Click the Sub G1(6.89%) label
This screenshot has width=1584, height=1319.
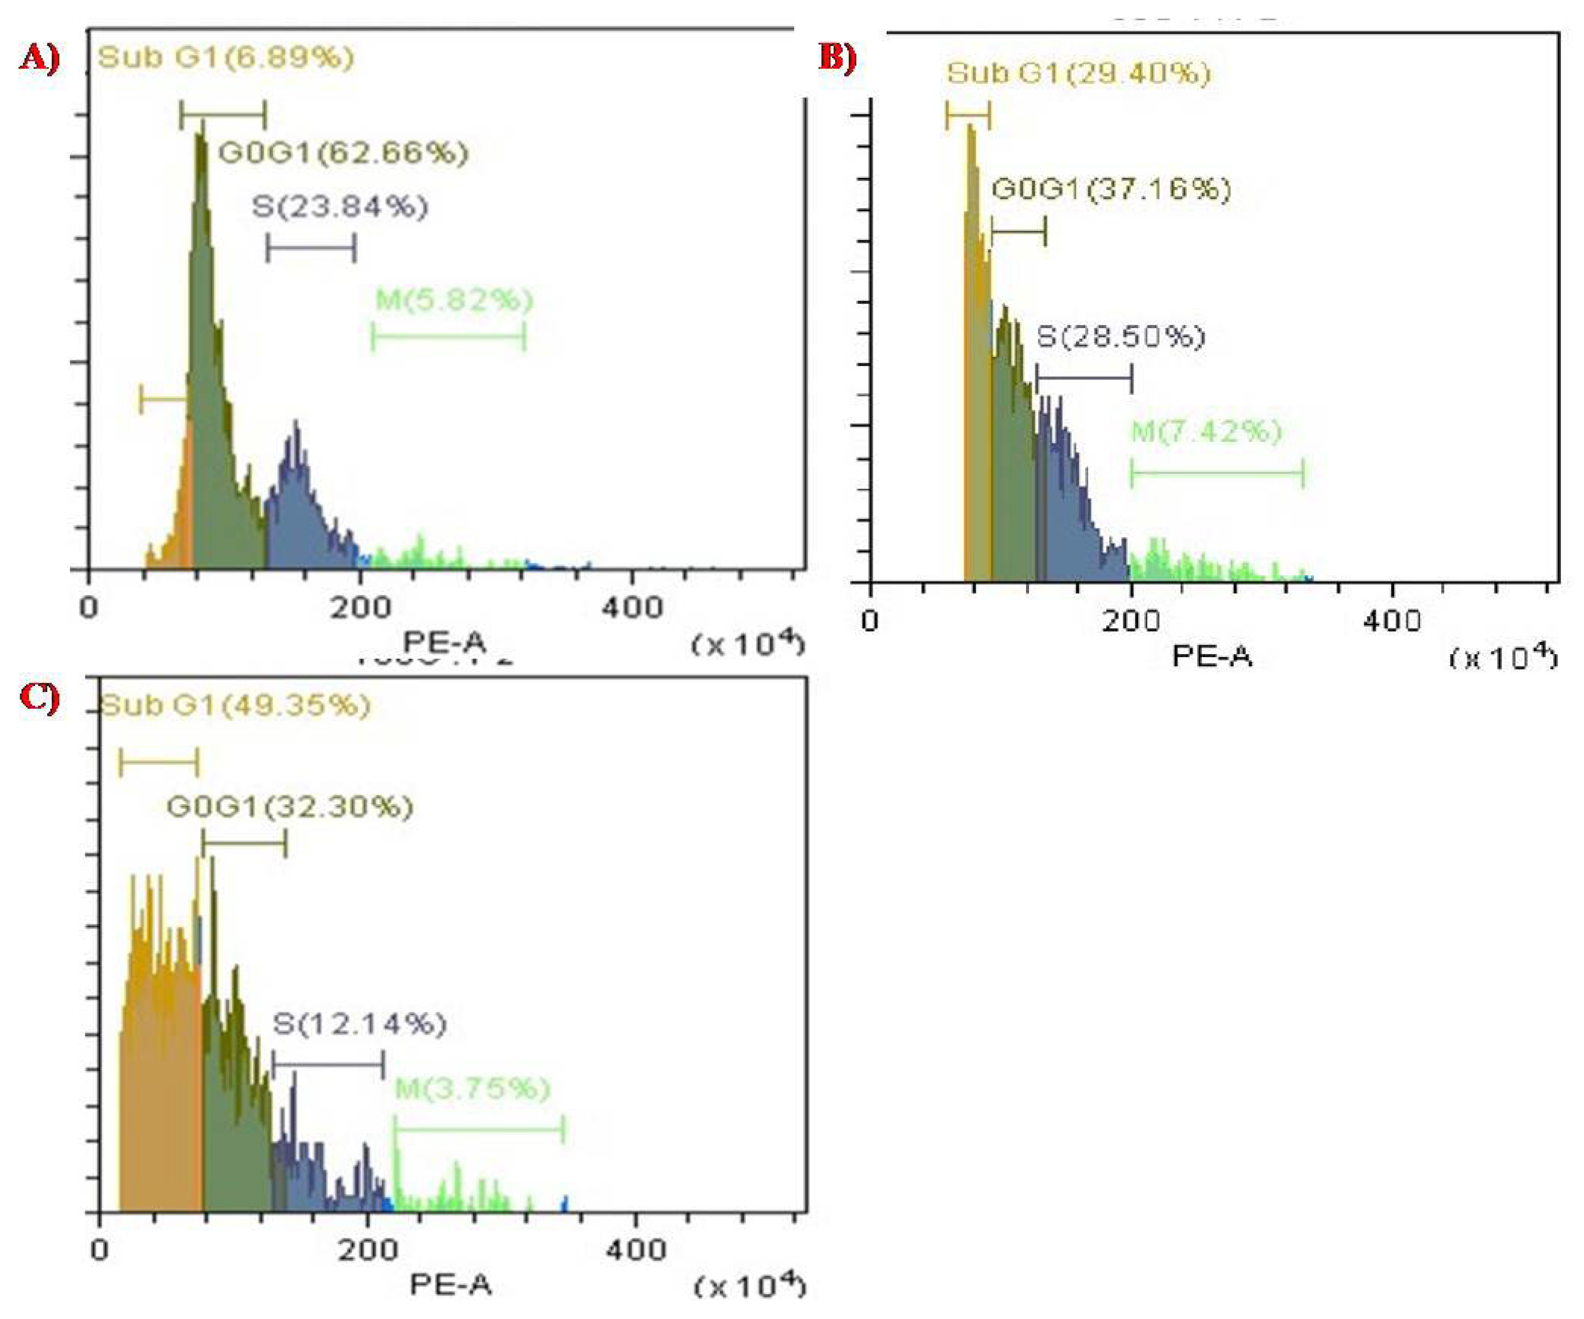[226, 57]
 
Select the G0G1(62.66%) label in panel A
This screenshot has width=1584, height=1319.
[343, 153]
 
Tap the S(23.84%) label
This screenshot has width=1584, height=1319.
[340, 207]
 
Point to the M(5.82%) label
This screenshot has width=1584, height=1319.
[454, 301]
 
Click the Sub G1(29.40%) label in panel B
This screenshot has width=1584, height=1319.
[1078, 73]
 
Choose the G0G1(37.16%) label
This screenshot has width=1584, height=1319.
[1111, 189]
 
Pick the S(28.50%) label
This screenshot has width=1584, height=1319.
[1121, 336]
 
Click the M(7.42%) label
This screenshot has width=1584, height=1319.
[1206, 432]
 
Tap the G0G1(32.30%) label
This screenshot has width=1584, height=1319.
[290, 808]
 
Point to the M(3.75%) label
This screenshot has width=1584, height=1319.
[473, 1089]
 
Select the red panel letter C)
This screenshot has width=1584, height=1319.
[39, 698]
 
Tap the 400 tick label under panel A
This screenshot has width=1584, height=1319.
[632, 608]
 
